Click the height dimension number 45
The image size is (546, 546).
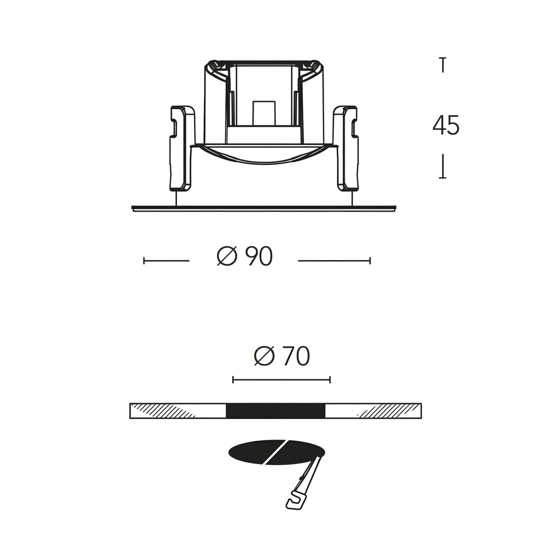pos(446,125)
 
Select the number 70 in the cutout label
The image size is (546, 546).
pos(296,356)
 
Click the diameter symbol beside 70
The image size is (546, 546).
pos(264,356)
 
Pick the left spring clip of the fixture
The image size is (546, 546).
pos(180,148)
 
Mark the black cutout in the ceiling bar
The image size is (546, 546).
pos(276,411)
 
